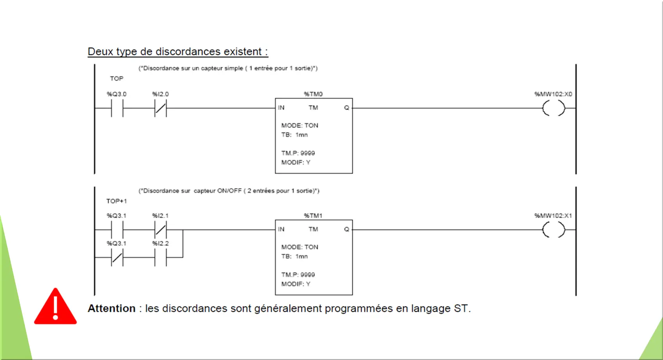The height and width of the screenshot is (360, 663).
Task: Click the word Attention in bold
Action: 112,309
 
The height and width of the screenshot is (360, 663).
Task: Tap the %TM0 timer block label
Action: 313,94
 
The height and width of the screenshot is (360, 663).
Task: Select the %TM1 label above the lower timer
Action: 313,216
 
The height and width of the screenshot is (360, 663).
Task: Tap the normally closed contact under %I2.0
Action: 160,108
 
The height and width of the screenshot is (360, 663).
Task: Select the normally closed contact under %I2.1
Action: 160,229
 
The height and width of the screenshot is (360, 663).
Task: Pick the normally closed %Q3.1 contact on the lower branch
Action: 117,257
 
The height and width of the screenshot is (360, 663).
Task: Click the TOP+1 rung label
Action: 117,201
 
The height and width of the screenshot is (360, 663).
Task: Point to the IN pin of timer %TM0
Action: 281,108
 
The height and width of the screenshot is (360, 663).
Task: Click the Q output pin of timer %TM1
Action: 347,229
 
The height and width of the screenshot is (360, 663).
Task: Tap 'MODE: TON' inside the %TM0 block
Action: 300,126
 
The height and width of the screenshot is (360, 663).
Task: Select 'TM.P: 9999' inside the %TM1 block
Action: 298,275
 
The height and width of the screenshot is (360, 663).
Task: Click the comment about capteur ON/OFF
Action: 229,191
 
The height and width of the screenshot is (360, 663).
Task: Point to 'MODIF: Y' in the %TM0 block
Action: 296,163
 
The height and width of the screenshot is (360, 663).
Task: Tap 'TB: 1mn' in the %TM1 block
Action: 294,256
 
